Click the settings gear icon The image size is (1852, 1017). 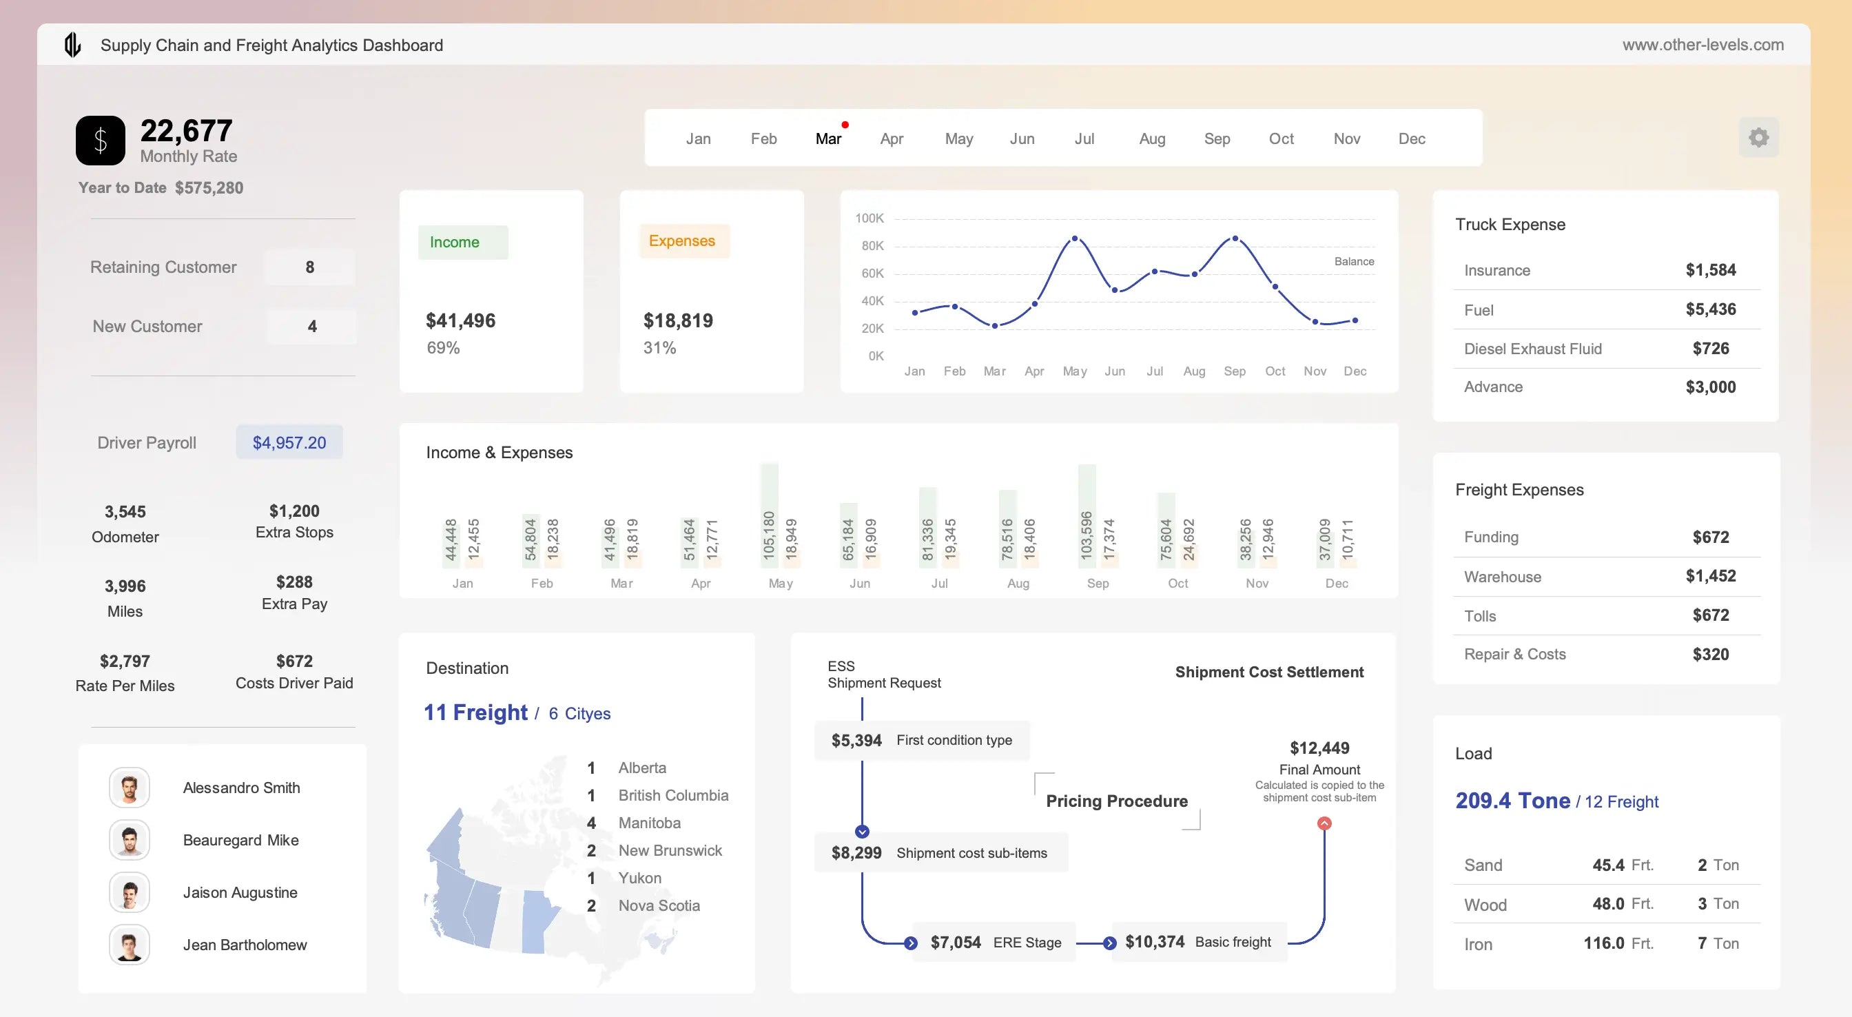[x=1758, y=137]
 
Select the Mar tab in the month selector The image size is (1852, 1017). [x=828, y=138]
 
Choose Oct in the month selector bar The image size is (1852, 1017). [x=1280, y=138]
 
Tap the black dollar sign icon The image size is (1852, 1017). [x=101, y=141]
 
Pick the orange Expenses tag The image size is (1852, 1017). [x=682, y=241]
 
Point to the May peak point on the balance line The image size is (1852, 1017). [x=1074, y=238]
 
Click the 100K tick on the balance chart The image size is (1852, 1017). [x=869, y=218]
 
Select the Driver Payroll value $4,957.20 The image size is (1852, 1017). [x=289, y=442]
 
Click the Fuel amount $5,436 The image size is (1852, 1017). [x=1709, y=309]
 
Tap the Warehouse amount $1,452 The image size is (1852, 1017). [x=1709, y=576]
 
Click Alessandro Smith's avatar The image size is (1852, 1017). [x=130, y=788]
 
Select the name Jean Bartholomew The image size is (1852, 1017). [x=245, y=945]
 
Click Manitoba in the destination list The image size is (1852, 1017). [x=649, y=823]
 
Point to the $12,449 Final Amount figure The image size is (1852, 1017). [x=1319, y=748]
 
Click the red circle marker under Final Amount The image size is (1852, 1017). [x=1324, y=823]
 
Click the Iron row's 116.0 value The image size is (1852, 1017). [x=1603, y=943]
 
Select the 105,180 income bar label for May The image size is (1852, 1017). [x=768, y=535]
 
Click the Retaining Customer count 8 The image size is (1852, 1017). [x=310, y=267]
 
